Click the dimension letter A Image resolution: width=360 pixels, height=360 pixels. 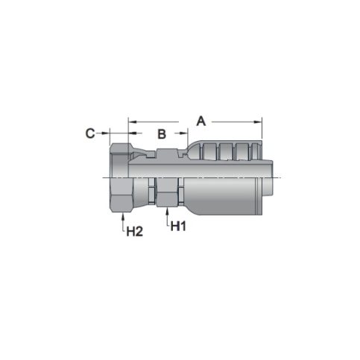tap(201, 119)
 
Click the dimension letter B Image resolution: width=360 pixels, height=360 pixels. tap(161, 134)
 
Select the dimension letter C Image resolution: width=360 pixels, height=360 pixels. tap(90, 133)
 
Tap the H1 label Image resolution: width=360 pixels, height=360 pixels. tap(178, 227)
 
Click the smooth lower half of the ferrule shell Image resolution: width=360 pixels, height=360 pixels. tap(224, 198)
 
